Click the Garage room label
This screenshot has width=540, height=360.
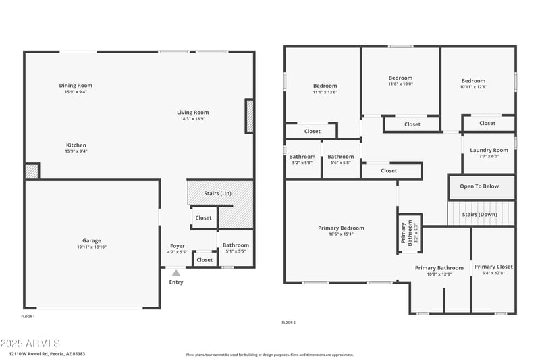pos(92,240)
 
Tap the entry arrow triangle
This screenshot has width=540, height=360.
pos(176,273)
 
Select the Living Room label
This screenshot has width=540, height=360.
pos(193,113)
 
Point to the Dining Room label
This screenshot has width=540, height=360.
pos(76,86)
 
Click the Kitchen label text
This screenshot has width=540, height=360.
pos(76,145)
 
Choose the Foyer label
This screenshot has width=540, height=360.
pos(177,246)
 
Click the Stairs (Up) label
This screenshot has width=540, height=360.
pos(217,193)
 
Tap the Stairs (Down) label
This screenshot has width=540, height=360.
pos(479,215)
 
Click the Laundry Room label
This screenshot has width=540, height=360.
pos(489,150)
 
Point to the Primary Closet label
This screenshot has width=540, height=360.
pos(493,267)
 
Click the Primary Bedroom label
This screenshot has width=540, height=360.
pos(341,228)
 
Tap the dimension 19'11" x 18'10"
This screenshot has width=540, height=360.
pos(92,247)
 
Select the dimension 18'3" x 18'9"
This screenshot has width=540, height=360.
pos(193,119)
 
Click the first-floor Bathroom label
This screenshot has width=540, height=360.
pos(236,245)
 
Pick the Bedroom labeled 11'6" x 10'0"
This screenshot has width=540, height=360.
pos(400,78)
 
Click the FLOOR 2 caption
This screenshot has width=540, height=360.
pos(288,322)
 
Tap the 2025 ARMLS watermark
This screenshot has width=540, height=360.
pos(30,344)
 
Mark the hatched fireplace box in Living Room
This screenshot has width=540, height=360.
pos(249,115)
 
